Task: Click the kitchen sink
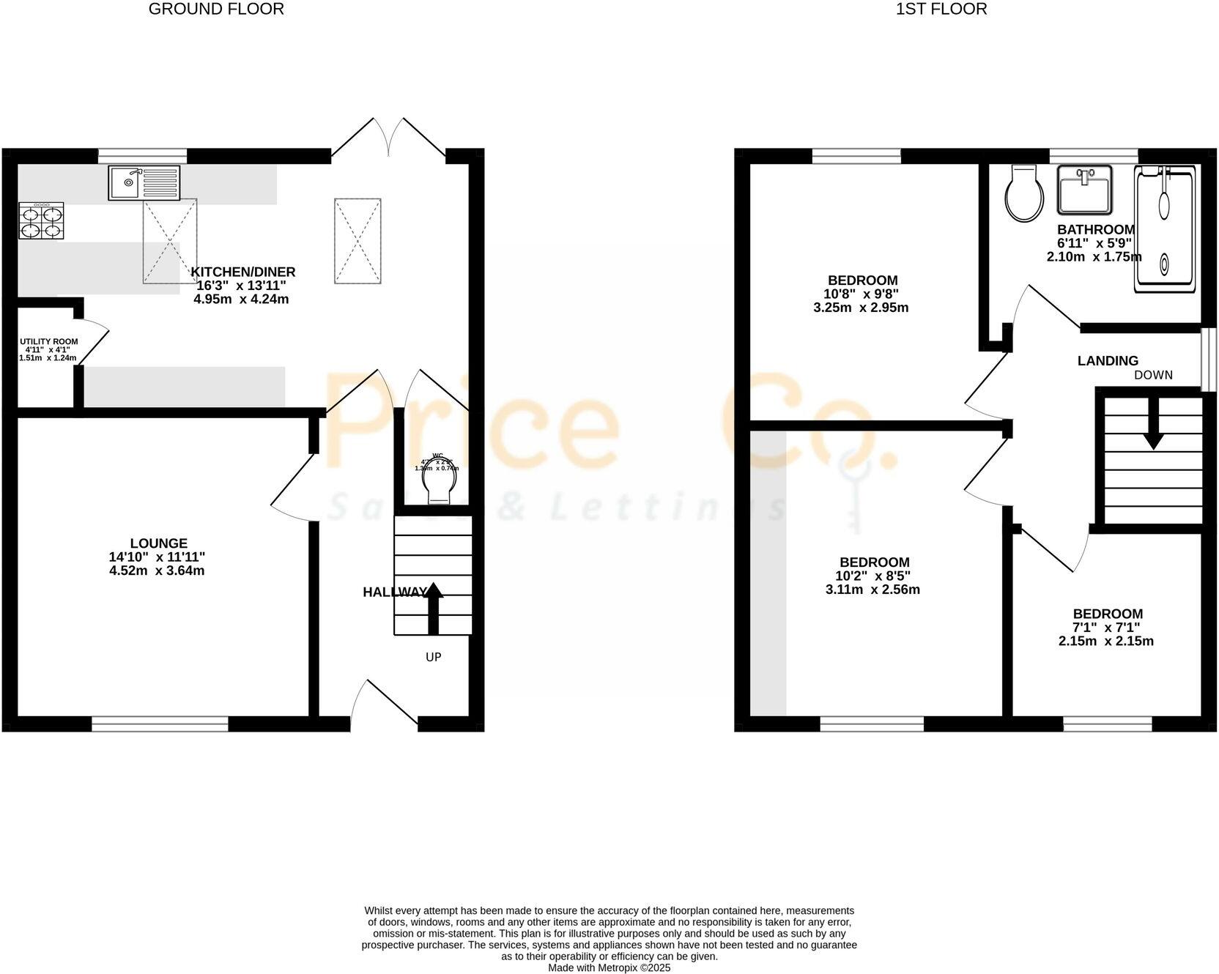tap(144, 182)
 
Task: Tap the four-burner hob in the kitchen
tap(41, 221)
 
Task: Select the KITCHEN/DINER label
tap(243, 272)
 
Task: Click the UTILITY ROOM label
tap(48, 342)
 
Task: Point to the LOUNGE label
tap(158, 543)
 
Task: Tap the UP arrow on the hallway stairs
tap(434, 607)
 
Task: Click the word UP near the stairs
tap(434, 657)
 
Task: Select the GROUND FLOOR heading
tap(216, 9)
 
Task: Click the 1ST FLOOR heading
tap(941, 9)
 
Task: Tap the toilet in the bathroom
tap(1023, 194)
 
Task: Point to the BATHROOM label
tap(1096, 229)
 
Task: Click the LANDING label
tap(1108, 360)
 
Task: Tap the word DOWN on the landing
tap(1153, 375)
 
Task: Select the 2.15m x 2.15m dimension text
tap(1106, 641)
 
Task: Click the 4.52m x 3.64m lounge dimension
tap(157, 570)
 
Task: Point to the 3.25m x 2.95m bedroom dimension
tap(861, 308)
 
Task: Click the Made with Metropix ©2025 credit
tap(609, 967)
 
